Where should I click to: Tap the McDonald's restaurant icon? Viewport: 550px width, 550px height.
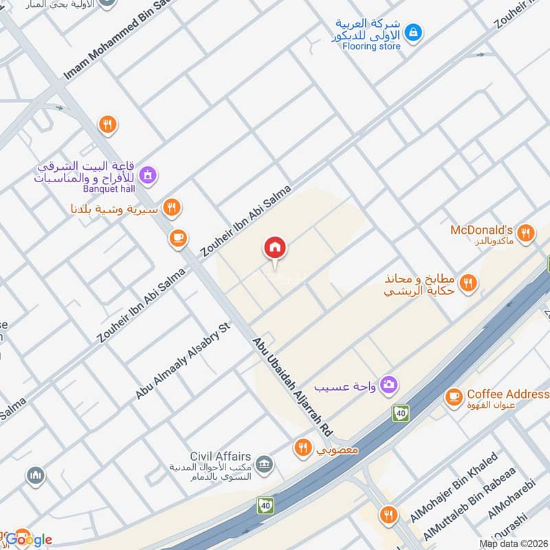coord(526,233)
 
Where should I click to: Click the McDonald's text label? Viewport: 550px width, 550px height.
coord(482,229)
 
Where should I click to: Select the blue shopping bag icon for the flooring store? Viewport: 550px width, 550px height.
coord(413,31)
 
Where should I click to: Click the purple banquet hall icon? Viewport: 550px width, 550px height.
coord(147,176)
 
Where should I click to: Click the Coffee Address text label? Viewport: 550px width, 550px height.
coord(507,394)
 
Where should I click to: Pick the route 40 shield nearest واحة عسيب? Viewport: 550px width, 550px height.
coord(400,412)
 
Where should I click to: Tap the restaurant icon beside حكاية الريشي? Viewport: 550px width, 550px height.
coord(468,283)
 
